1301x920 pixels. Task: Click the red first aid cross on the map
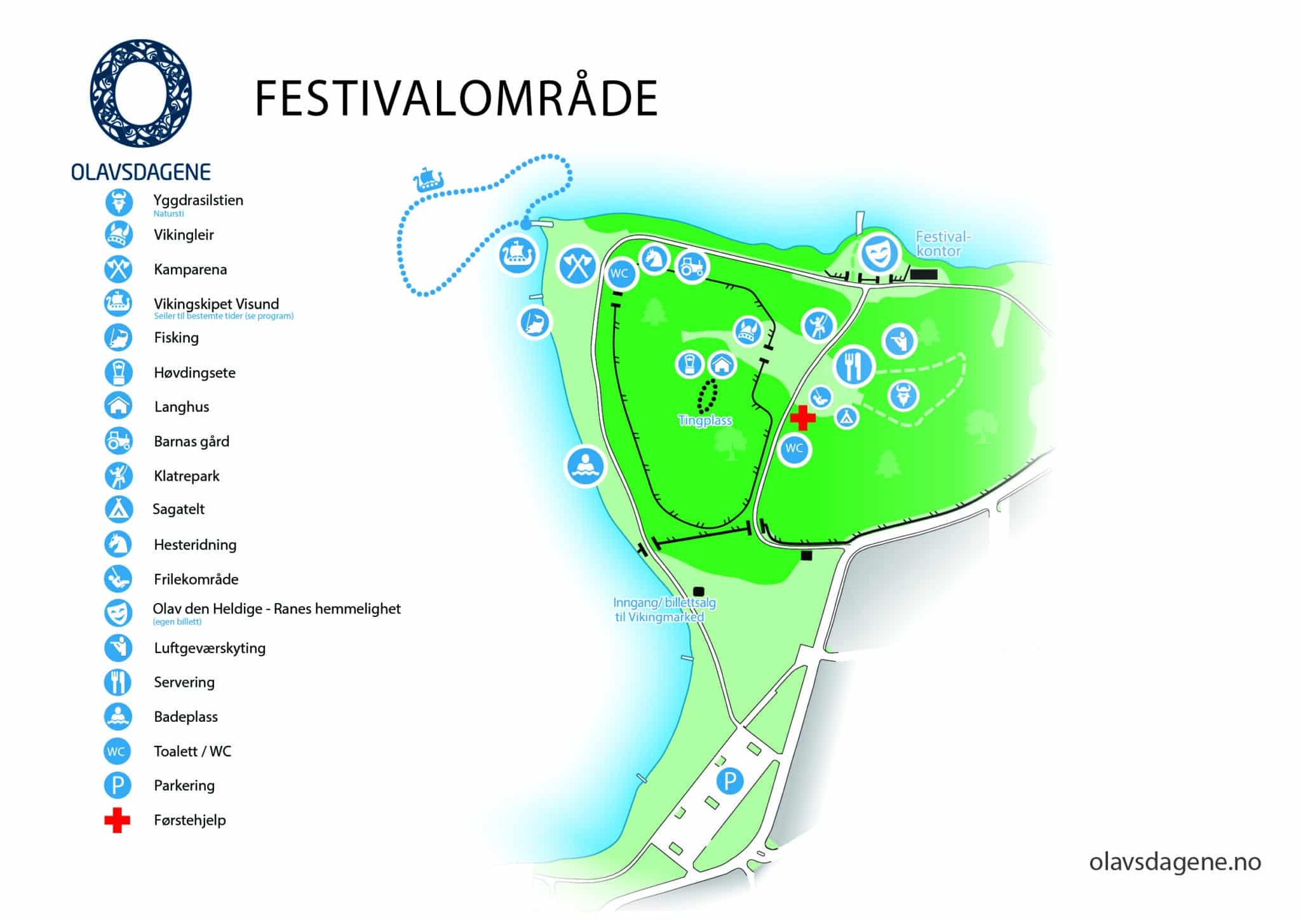point(803,418)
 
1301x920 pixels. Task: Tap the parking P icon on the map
point(730,780)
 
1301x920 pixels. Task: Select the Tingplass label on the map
point(705,421)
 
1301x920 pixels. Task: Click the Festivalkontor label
point(943,244)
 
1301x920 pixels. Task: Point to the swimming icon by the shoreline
point(586,466)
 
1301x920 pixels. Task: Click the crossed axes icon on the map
point(577,266)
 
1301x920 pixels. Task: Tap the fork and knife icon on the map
point(854,366)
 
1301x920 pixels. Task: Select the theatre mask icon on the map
point(880,254)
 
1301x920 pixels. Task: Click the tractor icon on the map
point(691,266)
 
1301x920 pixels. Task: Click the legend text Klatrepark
point(186,476)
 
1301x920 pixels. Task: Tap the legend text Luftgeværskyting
point(210,648)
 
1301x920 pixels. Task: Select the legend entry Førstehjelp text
point(189,820)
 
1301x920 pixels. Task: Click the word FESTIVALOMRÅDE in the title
point(455,98)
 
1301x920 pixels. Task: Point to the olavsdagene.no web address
point(1175,862)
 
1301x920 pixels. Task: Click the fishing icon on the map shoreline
point(535,322)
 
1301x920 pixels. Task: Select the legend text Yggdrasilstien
point(198,200)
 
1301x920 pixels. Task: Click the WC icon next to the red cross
point(794,449)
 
